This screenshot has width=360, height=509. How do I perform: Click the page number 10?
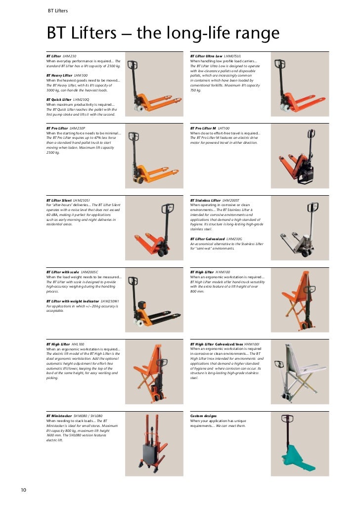point(23,490)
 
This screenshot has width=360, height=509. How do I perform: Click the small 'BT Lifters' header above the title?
point(58,10)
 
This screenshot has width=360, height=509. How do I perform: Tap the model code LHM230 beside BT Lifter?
point(70,56)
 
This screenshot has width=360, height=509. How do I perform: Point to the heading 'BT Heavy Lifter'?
point(59,75)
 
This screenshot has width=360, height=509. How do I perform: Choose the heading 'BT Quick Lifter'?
point(59,99)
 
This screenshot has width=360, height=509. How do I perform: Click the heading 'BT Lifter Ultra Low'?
point(206,56)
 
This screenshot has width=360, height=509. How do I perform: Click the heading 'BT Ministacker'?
point(59,416)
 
